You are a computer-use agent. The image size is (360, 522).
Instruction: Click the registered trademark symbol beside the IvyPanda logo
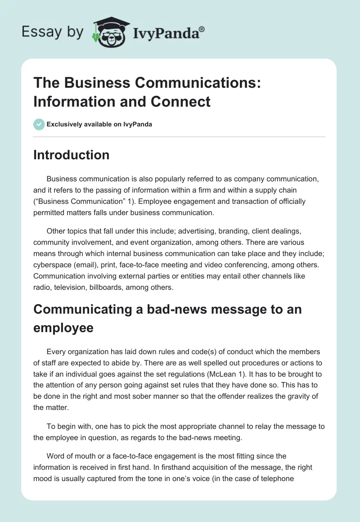tap(202, 29)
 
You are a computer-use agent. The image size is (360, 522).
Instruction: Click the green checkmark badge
tap(39, 124)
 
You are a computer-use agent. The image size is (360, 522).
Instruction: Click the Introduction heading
tap(71, 155)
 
